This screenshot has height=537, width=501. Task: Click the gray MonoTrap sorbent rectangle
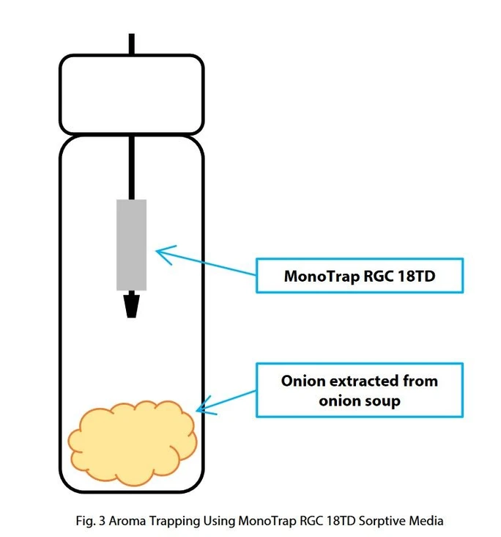[x=132, y=244]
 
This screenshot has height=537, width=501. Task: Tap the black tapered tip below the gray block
[x=132, y=304]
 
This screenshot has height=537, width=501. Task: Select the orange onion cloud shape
[x=133, y=439]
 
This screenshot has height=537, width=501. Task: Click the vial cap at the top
[x=131, y=94]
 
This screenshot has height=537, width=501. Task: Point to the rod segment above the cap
[x=131, y=44]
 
